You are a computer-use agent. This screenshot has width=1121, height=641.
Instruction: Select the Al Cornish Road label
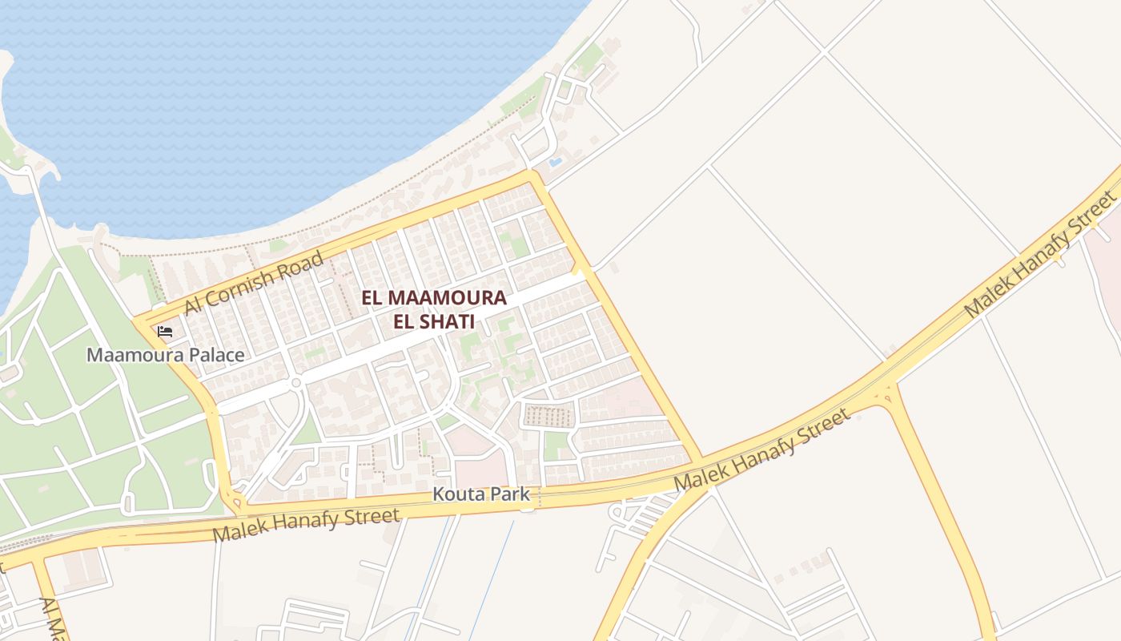254,282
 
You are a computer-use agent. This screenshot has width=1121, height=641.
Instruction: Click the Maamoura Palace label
166,354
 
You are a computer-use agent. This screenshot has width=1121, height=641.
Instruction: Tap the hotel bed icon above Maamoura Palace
165,331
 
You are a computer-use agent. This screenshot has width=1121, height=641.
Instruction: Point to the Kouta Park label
481,494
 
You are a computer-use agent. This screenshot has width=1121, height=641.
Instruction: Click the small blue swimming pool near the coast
555,163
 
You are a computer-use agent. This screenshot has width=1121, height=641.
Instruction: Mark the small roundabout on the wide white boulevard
295,383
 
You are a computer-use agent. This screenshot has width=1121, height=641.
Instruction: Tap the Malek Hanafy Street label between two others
761,450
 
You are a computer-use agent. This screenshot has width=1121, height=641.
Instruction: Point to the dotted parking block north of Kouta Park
549,416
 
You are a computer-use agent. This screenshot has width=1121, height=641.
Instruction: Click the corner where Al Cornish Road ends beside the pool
530,174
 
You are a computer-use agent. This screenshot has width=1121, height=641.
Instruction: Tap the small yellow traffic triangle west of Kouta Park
235,502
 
